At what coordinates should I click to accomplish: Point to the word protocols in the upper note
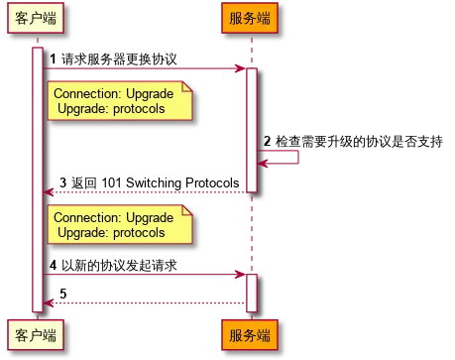coord(141,109)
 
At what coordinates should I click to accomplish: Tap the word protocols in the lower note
coord(141,232)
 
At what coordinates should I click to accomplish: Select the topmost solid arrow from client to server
coord(144,68)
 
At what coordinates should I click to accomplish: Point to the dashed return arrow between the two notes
coord(144,191)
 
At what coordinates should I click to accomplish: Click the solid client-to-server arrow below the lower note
coord(144,275)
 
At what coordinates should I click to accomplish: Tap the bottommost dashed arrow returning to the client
coord(144,303)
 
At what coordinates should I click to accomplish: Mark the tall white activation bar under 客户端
coord(38,179)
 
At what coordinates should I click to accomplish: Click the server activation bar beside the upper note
coord(251,129)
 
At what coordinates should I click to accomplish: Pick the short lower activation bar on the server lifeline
coord(251,291)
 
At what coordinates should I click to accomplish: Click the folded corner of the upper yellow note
coord(186,86)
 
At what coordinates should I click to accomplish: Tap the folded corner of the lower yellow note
coord(186,209)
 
